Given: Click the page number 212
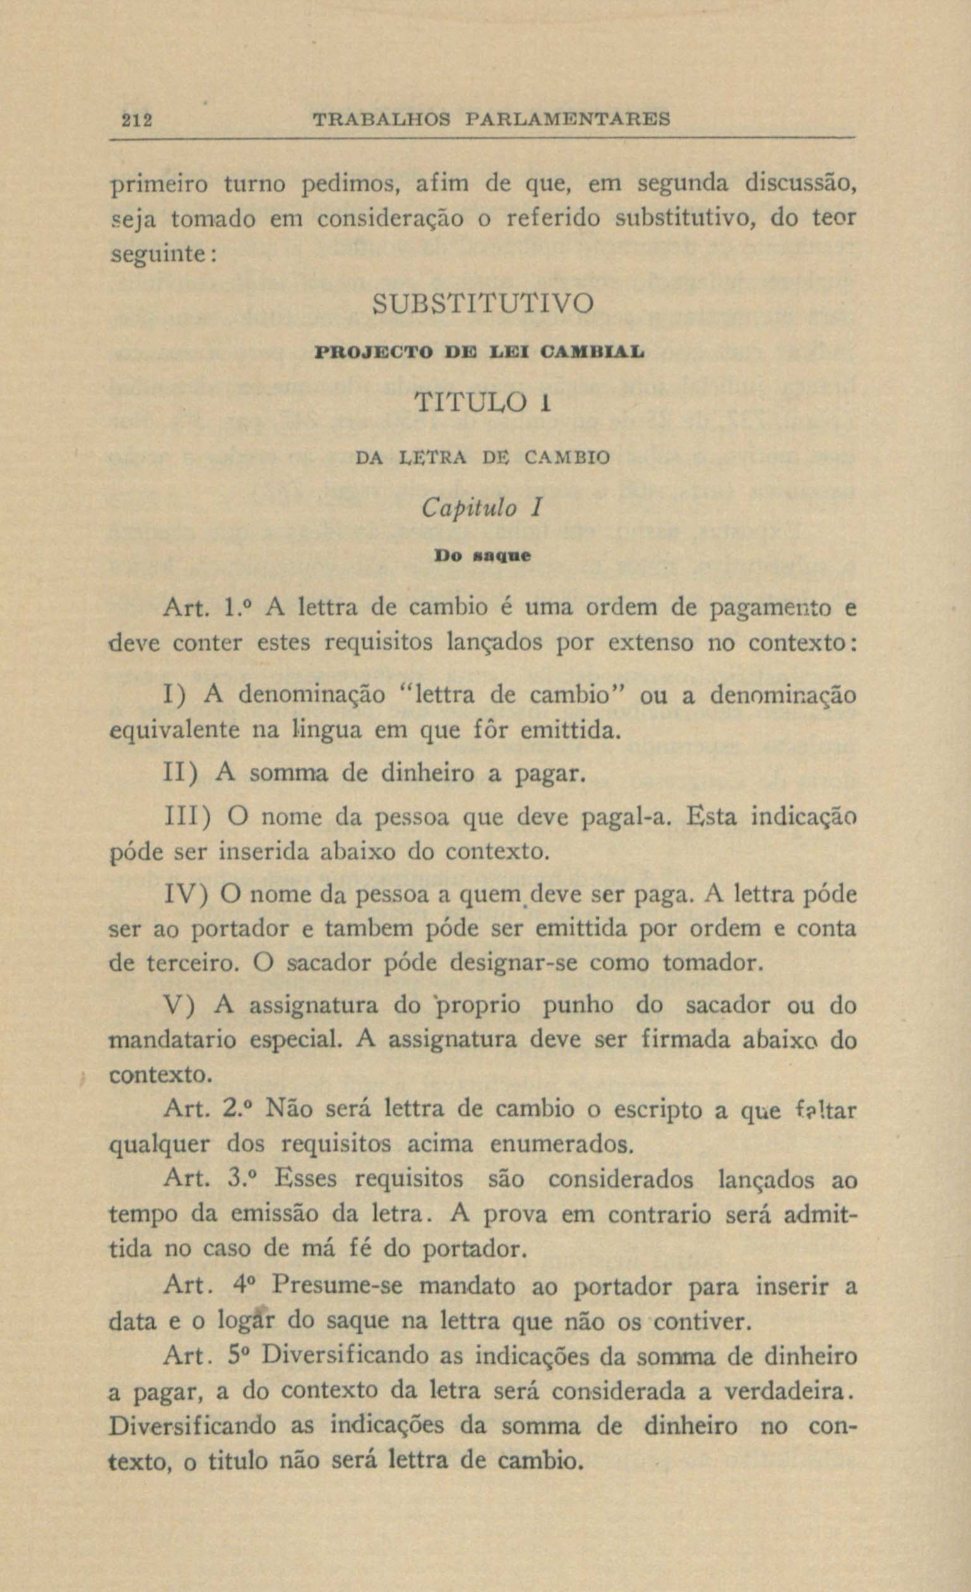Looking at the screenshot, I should click(x=136, y=120).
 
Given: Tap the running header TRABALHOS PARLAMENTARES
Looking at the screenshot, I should click(x=492, y=119).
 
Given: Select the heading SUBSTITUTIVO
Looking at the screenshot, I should click(x=483, y=304).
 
